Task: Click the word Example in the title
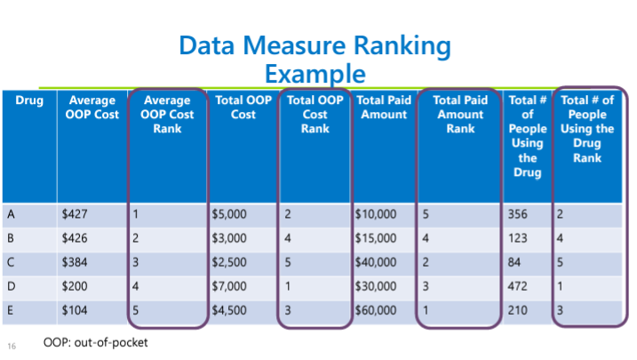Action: [315, 74]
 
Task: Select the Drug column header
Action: [29, 100]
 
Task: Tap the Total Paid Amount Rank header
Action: [460, 114]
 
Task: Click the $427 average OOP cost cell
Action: [75, 214]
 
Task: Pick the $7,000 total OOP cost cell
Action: [229, 286]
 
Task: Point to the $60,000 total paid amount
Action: [376, 310]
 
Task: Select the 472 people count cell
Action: [518, 286]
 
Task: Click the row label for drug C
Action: [11, 262]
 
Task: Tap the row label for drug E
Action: [10, 310]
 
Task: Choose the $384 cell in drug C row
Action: [75, 262]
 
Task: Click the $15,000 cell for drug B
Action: [376, 238]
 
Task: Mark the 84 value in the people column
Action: [514, 262]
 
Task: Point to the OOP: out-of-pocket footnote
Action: [95, 342]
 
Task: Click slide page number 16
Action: [12, 346]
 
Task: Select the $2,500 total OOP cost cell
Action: [229, 262]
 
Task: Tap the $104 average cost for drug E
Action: [75, 310]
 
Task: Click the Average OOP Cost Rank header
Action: [167, 114]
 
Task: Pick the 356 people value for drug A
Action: [518, 214]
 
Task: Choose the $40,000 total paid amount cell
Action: [376, 262]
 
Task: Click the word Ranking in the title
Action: [402, 45]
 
